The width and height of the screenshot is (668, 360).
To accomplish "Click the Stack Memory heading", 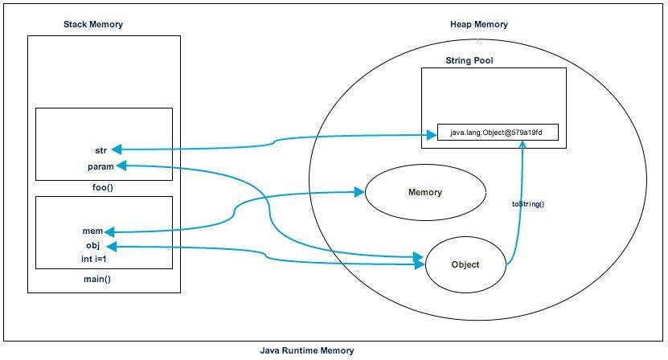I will click(93, 25).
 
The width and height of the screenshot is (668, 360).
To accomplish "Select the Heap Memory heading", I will click(478, 25).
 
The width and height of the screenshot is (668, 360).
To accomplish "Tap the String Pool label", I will click(469, 61).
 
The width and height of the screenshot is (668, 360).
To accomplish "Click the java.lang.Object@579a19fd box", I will click(498, 133).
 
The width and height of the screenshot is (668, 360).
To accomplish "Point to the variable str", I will click(101, 149).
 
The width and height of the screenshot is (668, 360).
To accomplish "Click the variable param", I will click(100, 166).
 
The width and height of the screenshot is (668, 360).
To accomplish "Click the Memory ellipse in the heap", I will click(425, 193).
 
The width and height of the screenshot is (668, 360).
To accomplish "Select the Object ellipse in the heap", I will click(465, 264).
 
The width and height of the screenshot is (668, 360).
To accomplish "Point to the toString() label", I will click(527, 204).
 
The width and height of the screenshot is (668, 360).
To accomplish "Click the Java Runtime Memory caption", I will click(306, 350).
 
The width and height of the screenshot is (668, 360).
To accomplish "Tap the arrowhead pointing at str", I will click(117, 149).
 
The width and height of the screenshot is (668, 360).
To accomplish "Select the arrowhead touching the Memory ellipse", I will click(360, 192).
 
